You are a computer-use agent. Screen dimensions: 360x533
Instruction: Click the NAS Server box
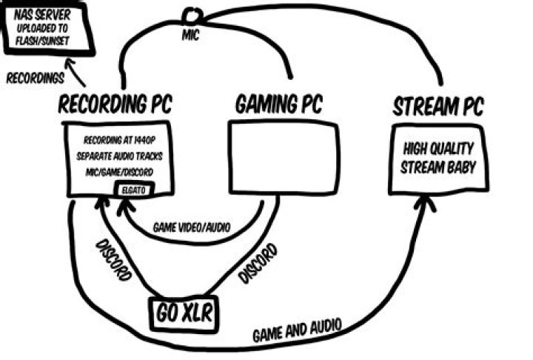click(47, 28)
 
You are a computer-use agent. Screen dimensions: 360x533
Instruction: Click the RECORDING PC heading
click(114, 104)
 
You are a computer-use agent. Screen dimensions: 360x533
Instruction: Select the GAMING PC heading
click(279, 104)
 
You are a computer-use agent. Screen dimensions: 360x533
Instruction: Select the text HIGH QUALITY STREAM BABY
click(437, 159)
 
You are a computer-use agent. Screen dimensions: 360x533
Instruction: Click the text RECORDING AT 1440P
click(118, 141)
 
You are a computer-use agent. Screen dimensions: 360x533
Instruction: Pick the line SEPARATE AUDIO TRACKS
click(118, 156)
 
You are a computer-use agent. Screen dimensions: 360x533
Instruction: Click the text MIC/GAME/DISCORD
click(118, 172)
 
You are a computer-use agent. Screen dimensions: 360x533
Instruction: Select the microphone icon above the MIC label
click(192, 15)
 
